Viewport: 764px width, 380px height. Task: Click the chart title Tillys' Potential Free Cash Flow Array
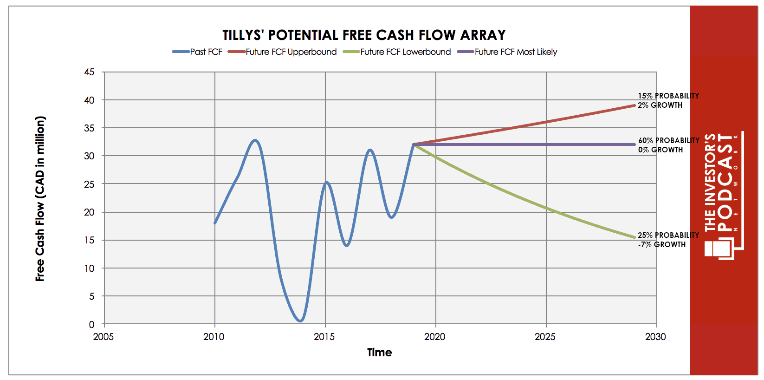tap(364, 35)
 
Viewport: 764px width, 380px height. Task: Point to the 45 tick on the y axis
tap(89, 72)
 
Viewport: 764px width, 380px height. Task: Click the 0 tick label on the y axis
tap(91, 324)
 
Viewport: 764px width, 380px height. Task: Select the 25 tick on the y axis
tap(89, 184)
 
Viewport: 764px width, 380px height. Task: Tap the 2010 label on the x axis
tap(214, 337)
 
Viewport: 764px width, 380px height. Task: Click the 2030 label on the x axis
tap(655, 337)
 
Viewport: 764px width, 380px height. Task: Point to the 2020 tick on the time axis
tap(434, 337)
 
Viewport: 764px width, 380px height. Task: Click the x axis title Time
tap(379, 353)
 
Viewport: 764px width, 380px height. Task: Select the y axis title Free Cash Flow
tap(40, 199)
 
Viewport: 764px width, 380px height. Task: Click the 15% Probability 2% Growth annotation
tap(668, 100)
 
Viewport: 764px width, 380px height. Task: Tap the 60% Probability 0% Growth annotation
tap(668, 145)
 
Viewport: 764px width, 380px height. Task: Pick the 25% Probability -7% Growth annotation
tap(668, 240)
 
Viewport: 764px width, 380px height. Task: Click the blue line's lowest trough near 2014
tap(300, 321)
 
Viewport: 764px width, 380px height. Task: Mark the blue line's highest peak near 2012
tap(255, 140)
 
